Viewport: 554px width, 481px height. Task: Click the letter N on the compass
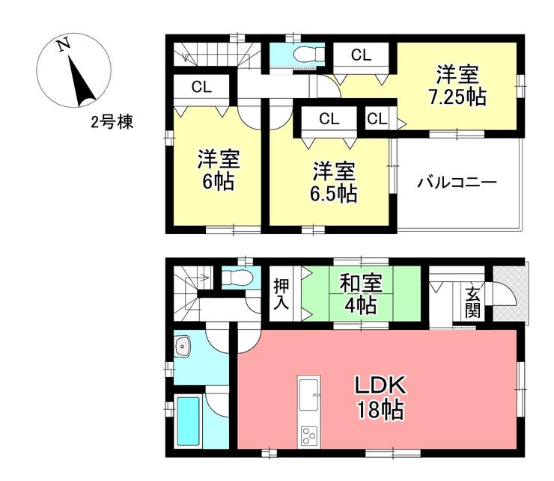coord(64,45)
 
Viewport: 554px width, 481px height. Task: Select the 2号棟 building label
coord(112,123)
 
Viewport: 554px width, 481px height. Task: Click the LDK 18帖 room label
coord(380,397)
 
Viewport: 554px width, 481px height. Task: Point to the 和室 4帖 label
coord(361,294)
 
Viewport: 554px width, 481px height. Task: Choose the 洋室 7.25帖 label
coord(457,85)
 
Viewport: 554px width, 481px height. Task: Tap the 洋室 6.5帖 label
coord(333,182)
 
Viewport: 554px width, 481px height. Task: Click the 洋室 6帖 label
coord(219,170)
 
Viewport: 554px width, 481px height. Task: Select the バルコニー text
coord(457,183)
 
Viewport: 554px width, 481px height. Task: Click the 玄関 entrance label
coord(472,302)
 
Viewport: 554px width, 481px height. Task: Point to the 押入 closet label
coord(281,294)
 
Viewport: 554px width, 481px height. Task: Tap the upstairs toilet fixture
coord(309,55)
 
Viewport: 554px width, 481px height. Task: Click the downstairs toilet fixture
coord(237,277)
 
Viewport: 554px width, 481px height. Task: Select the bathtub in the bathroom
coord(188,421)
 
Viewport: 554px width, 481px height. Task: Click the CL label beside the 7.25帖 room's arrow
coord(377,119)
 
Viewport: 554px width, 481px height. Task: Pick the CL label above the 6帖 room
coord(201,87)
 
